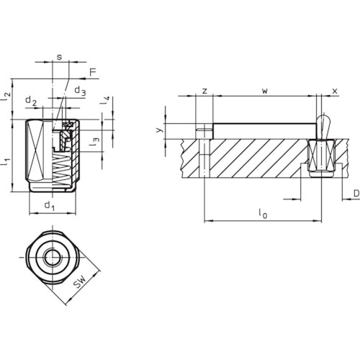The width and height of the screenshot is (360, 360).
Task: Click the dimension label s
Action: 59,57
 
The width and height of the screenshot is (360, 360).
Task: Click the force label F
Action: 93,72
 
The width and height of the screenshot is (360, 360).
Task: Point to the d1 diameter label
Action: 50,206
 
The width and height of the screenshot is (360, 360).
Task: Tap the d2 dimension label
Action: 31,101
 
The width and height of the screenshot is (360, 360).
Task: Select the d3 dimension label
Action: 80,91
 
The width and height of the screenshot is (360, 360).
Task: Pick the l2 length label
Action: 6,96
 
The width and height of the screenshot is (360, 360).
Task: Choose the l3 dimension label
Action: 94,142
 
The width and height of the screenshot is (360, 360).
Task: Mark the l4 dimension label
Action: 105,100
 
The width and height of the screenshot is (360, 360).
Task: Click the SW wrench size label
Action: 80,282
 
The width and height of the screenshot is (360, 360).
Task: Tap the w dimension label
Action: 265,91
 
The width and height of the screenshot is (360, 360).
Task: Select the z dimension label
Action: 204,91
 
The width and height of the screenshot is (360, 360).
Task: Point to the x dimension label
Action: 335,91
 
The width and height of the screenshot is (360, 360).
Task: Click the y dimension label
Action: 160,130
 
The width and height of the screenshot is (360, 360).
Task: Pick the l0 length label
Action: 263,213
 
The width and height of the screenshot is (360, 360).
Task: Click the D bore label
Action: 356,193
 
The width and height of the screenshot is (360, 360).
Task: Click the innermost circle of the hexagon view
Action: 53,257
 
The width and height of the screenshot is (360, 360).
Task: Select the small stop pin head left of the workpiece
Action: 204,130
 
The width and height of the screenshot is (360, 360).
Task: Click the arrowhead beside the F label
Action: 84,78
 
